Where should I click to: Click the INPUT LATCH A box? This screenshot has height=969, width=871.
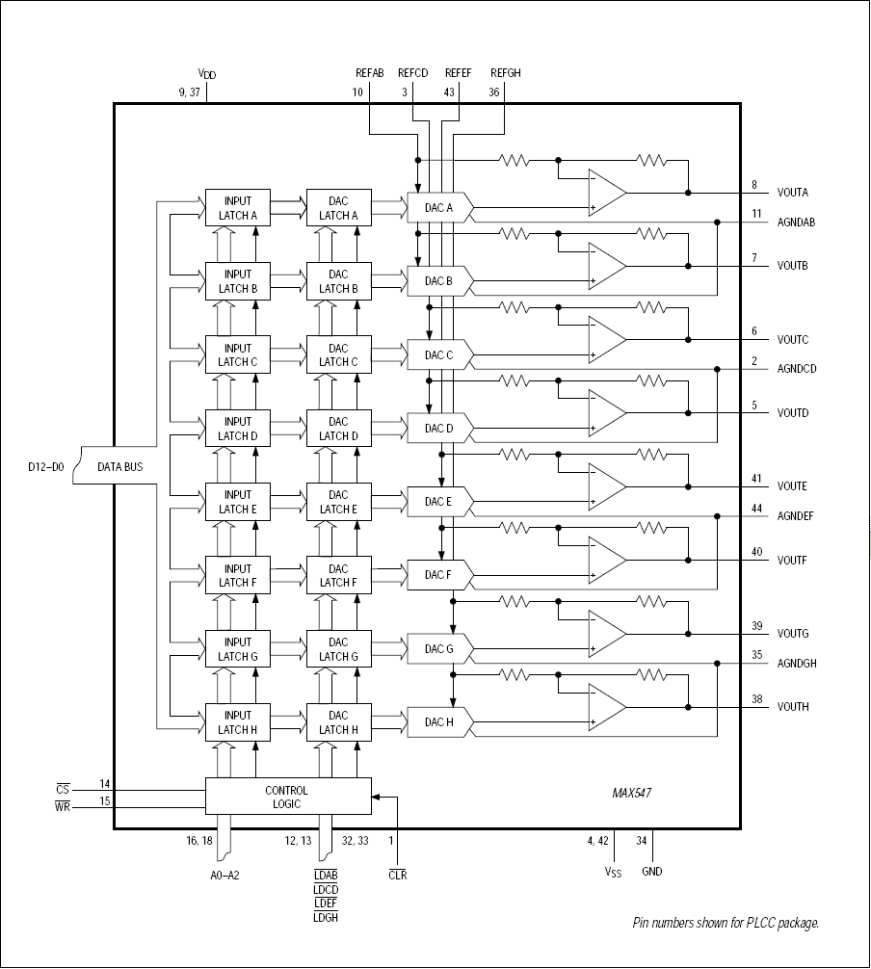click(x=238, y=208)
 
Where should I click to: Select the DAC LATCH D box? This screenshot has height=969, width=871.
click(x=338, y=429)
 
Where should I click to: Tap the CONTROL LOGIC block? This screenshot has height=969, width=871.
click(x=287, y=797)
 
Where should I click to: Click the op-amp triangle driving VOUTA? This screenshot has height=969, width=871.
click(x=606, y=193)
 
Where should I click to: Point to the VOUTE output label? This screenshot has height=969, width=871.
click(x=793, y=486)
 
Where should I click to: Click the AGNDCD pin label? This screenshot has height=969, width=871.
click(x=797, y=369)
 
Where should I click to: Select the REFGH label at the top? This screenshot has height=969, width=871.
click(x=505, y=72)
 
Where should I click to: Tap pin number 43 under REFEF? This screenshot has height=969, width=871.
click(x=450, y=92)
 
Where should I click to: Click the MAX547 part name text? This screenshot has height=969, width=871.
click(x=633, y=795)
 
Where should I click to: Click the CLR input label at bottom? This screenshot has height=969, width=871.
click(x=397, y=875)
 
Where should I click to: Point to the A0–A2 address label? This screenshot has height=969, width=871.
click(x=226, y=875)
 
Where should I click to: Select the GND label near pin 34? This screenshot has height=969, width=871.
click(x=652, y=871)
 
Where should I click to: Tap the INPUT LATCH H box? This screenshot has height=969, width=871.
click(x=238, y=722)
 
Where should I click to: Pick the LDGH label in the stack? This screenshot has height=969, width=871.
click(x=325, y=918)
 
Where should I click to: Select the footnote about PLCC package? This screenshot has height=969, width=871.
click(x=726, y=923)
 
